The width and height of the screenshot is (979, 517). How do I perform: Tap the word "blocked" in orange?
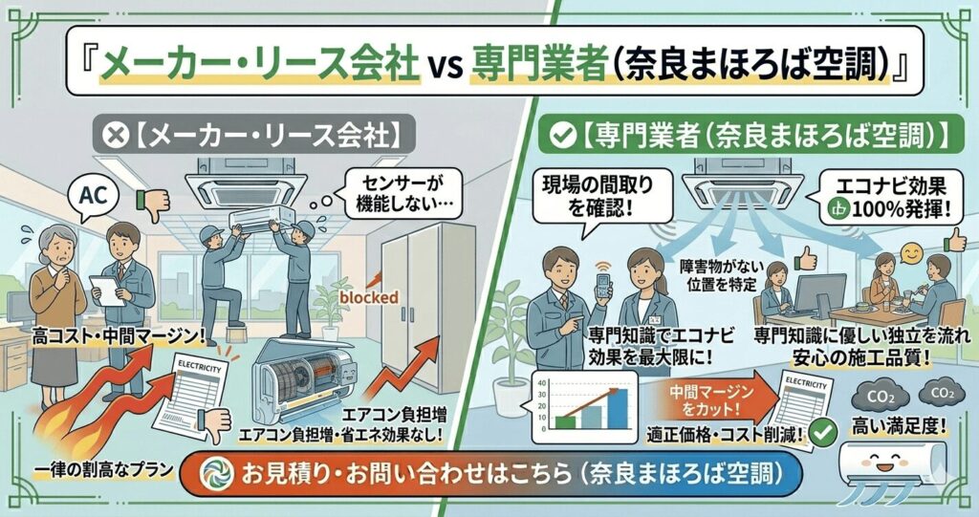tap(369, 297)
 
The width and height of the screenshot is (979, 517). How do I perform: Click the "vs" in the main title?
tap(446, 65)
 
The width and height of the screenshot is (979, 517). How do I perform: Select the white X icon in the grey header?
tap(115, 135)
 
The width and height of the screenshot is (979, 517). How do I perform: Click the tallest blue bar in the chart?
tap(619, 409)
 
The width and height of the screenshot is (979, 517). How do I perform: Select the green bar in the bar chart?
tap(566, 422)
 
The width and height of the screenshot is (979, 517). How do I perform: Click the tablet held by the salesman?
tap(106, 291)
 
